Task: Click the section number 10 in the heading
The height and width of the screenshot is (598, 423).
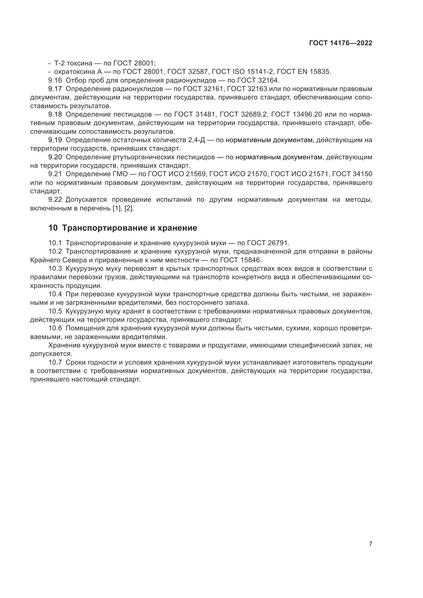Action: [x=53, y=228]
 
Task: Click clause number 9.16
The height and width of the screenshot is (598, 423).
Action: [x=55, y=80]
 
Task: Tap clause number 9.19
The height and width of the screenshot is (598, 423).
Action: [x=55, y=140]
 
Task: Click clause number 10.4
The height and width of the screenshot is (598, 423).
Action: [x=55, y=294]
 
